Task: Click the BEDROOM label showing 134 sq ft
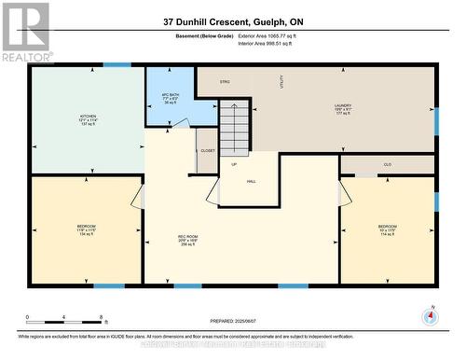point(88,229)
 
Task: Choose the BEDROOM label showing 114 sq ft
point(387,229)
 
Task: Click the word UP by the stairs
point(233,163)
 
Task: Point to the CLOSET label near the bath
point(207,149)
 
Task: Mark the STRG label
point(225,83)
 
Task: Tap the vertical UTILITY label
point(281,82)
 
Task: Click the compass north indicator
point(429,315)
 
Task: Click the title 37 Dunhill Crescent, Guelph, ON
point(232,21)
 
